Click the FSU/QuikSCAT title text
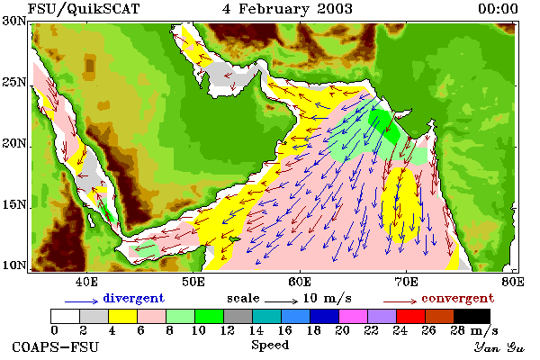pyautogui.click(x=84, y=9)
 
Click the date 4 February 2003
pyautogui.click(x=288, y=9)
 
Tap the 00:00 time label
pyautogui.click(x=498, y=9)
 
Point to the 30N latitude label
pyautogui.click(x=14, y=22)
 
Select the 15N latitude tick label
pyautogui.click(x=14, y=205)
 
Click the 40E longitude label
pyautogui.click(x=86, y=282)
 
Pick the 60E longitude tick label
pyautogui.click(x=300, y=282)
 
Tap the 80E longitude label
pyautogui.click(x=513, y=282)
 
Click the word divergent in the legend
pyautogui.click(x=133, y=299)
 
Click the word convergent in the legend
pyautogui.click(x=458, y=299)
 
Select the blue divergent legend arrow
pyautogui.click(x=82, y=301)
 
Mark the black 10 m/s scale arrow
pyautogui.click(x=281, y=301)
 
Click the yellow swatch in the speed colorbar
pyautogui.click(x=122, y=316)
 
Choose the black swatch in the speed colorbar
pyautogui.click(x=472, y=316)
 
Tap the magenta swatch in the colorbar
pyautogui.click(x=354, y=316)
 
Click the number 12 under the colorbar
pyautogui.click(x=228, y=330)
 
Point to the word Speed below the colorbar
pyautogui.click(x=270, y=346)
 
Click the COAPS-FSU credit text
pyautogui.click(x=56, y=346)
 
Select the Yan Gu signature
pyautogui.click(x=499, y=347)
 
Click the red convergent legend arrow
pyautogui.click(x=400, y=301)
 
